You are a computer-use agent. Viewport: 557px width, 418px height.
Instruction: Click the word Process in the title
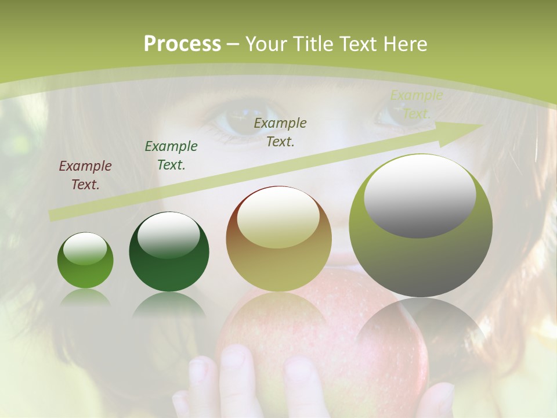(x=182, y=44)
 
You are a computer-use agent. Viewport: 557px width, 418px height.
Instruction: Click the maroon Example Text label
(x=85, y=175)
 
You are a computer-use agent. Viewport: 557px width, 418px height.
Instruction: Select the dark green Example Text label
(x=171, y=155)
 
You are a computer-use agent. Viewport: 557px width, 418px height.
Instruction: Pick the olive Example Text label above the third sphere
(x=280, y=132)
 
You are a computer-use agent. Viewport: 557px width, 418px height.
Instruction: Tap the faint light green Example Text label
(x=416, y=105)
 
